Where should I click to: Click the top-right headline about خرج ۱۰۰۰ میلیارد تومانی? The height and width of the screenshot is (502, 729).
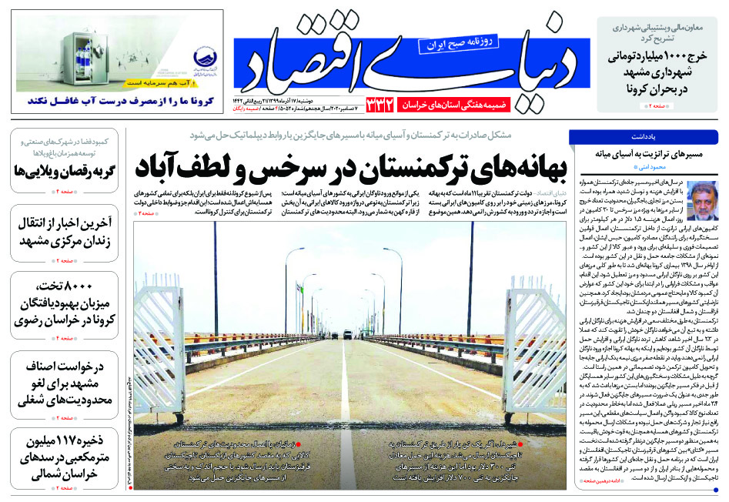(x=654, y=72)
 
